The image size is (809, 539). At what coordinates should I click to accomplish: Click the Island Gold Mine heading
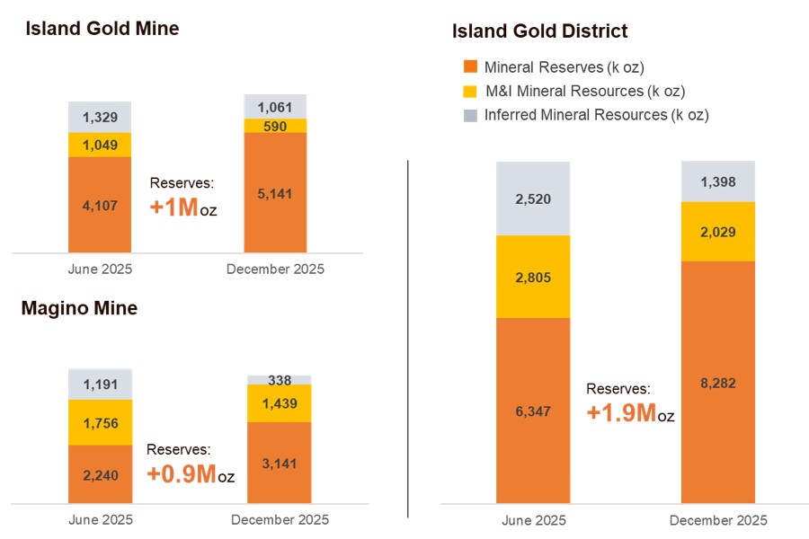[x=102, y=29]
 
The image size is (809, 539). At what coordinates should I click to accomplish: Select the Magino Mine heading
[x=79, y=309]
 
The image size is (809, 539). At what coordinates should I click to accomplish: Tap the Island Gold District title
[x=539, y=31]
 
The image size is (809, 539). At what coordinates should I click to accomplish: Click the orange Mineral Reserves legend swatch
[x=469, y=67]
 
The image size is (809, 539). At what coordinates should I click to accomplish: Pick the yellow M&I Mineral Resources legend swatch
[x=469, y=91]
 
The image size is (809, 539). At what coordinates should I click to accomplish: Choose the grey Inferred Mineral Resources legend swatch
[x=469, y=115]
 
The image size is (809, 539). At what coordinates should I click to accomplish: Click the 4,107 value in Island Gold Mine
[x=100, y=205]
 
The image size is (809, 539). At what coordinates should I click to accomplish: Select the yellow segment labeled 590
[x=276, y=126]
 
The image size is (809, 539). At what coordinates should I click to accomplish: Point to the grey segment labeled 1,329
[x=100, y=117]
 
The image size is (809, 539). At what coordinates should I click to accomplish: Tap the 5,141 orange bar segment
[x=276, y=193]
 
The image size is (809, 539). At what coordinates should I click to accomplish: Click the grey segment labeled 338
[x=279, y=379]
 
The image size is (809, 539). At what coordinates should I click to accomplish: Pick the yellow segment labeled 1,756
[x=100, y=422]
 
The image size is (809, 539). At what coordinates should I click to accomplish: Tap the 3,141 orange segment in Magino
[x=279, y=463]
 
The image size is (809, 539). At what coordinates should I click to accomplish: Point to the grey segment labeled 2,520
[x=533, y=199]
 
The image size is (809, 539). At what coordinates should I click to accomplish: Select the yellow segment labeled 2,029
[x=716, y=232]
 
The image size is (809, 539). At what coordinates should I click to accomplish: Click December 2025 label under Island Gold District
[x=718, y=521]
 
